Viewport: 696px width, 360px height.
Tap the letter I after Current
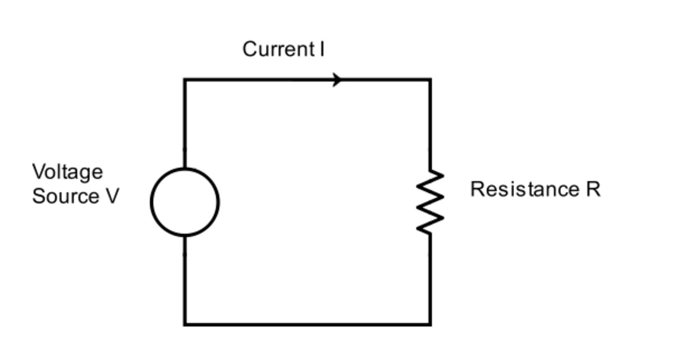[321, 49]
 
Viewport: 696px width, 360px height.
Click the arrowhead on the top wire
[338, 80]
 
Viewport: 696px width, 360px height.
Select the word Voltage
[67, 172]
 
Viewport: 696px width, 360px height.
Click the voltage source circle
[185, 202]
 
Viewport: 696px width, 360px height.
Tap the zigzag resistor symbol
[430, 202]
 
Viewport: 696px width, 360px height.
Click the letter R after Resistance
[593, 190]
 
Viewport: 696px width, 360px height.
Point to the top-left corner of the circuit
[185, 80]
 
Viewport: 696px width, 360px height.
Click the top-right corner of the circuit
[430, 80]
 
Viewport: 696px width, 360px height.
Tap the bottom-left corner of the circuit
[185, 324]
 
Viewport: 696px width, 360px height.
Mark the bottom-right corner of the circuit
[430, 324]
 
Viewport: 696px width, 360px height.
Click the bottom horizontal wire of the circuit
[307, 324]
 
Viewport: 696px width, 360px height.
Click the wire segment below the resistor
[430, 279]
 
